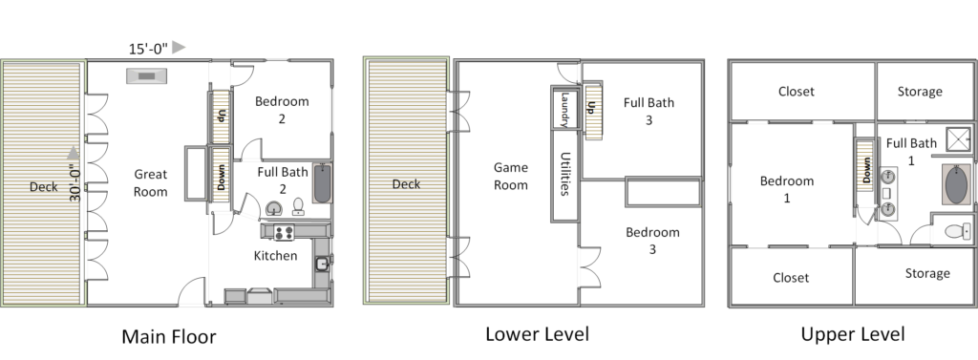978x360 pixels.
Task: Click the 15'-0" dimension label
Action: pos(148,49)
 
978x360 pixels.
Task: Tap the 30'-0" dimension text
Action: pos(75,182)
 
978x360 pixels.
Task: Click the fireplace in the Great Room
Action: pos(146,76)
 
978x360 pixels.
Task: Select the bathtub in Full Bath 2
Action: pos(322,183)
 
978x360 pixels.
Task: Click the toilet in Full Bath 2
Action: pos(298,206)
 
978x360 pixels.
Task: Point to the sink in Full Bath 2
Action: pos(273,208)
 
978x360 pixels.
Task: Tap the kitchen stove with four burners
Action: pos(284,232)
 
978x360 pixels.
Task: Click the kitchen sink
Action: pos(322,264)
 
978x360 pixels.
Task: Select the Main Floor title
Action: pos(169,337)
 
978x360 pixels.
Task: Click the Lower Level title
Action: pos(537,334)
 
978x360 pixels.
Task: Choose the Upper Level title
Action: pos(853,334)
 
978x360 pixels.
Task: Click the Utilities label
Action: pos(565,174)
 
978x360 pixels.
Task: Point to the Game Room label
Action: pos(511,176)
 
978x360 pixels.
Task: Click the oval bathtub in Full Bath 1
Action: pos(957,184)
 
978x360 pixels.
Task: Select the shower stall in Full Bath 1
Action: pos(959,139)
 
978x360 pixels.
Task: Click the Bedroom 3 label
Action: pos(652,241)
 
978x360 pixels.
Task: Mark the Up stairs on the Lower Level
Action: pos(593,111)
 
